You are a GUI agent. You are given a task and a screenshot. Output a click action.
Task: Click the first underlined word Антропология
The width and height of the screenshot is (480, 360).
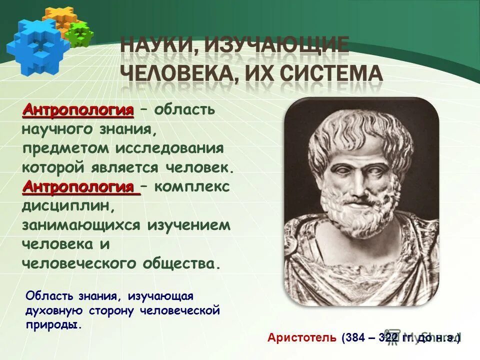[x=78, y=110]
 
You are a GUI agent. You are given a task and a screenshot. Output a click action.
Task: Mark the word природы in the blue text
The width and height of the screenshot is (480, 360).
[x=52, y=324]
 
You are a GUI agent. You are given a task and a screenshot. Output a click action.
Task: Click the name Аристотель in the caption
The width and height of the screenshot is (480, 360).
[x=302, y=338]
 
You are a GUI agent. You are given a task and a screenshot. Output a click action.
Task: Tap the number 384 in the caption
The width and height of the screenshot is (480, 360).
[x=356, y=338]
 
